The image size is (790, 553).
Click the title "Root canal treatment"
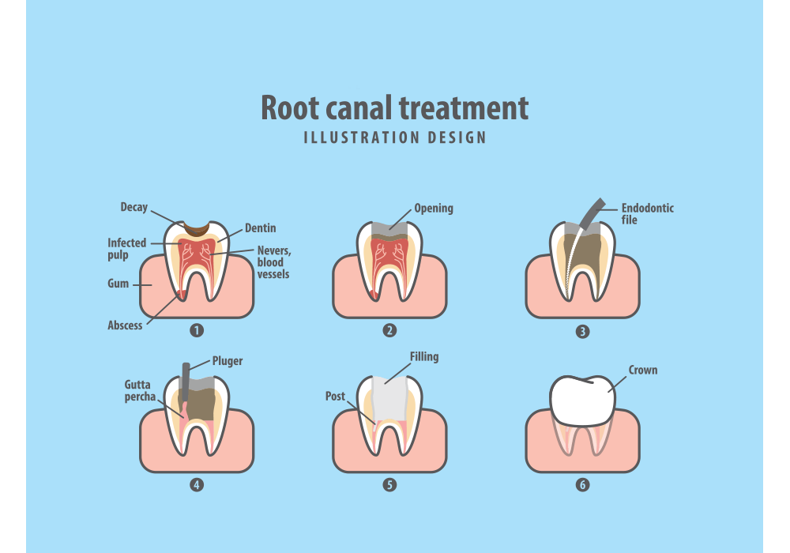(394, 107)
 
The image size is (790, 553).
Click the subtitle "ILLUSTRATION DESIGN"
(394, 137)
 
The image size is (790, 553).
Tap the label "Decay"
(134, 208)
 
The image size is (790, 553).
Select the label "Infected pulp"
(126, 249)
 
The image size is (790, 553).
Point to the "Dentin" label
(260, 228)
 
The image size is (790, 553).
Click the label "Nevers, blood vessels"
(273, 262)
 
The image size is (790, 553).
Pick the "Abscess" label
(126, 325)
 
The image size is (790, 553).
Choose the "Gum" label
(118, 284)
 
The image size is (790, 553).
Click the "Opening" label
(434, 209)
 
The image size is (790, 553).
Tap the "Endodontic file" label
(647, 214)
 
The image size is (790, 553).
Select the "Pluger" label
(228, 361)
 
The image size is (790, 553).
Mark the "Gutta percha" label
(139, 390)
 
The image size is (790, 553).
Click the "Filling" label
(423, 357)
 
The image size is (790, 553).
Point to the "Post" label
(335, 396)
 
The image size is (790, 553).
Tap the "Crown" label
(642, 370)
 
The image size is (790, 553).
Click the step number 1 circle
(197, 330)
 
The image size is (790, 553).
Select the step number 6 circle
(582, 485)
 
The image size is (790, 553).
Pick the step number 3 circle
(582, 331)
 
